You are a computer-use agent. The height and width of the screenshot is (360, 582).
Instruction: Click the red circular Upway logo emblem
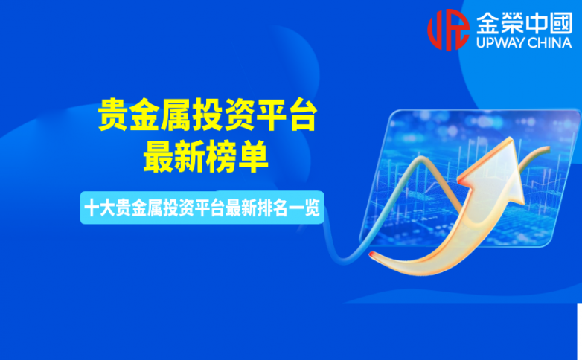tap(448, 30)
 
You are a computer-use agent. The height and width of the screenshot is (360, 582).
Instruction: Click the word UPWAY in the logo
tap(500, 43)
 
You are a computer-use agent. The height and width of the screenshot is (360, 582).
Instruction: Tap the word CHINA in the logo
tap(550, 43)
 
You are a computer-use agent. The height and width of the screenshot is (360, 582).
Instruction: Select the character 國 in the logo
tap(561, 22)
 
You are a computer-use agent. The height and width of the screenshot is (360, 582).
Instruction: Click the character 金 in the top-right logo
tap(487, 22)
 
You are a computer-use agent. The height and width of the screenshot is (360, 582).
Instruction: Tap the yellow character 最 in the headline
tap(159, 156)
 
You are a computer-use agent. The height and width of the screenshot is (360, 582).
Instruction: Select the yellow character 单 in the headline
tap(253, 156)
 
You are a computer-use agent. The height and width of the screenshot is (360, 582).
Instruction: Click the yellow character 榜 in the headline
tap(222, 156)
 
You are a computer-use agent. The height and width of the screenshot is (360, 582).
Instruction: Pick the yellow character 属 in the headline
tap(176, 115)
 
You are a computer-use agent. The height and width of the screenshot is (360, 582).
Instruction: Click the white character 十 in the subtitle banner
tap(92, 208)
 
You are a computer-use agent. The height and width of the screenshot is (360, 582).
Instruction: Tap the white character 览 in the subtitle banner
tap(312, 208)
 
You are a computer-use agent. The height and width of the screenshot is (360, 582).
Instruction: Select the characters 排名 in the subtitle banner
tap(272, 208)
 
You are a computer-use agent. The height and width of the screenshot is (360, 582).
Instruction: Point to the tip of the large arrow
tap(511, 138)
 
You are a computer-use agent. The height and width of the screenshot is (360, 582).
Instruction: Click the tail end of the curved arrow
tap(371, 254)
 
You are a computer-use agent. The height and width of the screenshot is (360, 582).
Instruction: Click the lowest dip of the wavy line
tap(343, 260)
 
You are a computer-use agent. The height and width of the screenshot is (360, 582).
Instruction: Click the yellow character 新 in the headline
tap(190, 156)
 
